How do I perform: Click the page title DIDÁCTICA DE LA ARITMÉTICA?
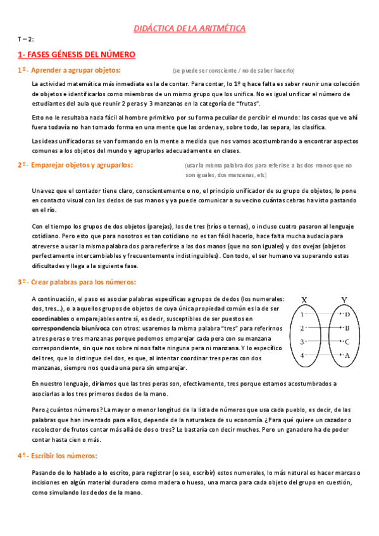[x=189, y=28]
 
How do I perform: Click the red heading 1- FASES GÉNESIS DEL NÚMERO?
[x=77, y=55]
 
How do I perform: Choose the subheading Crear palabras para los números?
[x=82, y=282]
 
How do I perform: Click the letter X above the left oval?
[x=304, y=300]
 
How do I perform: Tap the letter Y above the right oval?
[x=344, y=300]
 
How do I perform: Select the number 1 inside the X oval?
[x=303, y=314]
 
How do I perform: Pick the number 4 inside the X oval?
[x=303, y=355]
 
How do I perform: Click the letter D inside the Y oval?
[x=347, y=314]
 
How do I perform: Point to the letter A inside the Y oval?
[x=347, y=355]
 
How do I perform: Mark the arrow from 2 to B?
[x=324, y=328]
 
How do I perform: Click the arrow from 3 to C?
[x=324, y=342]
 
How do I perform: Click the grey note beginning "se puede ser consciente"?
[x=233, y=70]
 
